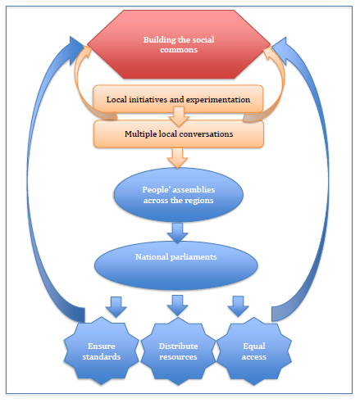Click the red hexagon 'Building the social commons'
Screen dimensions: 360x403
point(179,44)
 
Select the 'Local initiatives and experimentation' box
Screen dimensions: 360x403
point(178,99)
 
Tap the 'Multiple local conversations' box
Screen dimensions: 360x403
point(179,134)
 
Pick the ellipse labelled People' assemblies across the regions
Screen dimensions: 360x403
point(179,195)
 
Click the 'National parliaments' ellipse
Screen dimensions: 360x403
point(176,265)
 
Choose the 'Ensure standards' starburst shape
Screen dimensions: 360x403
point(102,351)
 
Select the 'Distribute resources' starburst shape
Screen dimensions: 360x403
point(178,351)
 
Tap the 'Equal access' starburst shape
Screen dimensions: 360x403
point(254,351)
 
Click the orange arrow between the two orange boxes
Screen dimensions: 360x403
point(179,117)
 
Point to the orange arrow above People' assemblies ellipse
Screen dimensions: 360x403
point(178,158)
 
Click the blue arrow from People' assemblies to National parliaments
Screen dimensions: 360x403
point(178,233)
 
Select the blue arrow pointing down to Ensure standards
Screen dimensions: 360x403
point(116,307)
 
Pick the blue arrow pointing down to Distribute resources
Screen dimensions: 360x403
point(178,306)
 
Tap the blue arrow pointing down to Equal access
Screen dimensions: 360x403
point(239,306)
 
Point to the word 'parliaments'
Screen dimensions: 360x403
point(194,257)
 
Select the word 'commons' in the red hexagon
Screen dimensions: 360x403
point(179,50)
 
